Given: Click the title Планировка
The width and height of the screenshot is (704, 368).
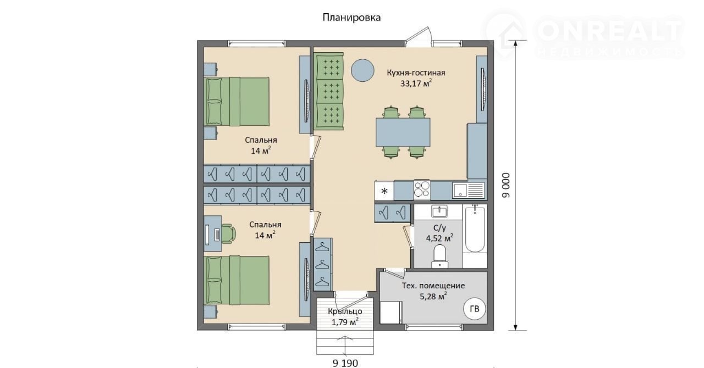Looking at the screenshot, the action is click(351, 18).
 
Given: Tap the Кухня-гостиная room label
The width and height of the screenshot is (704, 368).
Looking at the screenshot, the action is click(416, 73).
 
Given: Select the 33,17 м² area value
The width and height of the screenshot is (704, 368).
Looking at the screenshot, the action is click(416, 83).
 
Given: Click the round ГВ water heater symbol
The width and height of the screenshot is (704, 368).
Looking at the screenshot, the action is click(475, 309).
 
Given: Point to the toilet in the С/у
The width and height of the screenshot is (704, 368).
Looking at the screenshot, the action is click(439, 257).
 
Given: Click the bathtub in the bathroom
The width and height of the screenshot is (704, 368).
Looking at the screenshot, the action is click(475, 228).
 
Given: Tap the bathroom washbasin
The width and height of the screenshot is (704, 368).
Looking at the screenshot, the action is click(439, 211).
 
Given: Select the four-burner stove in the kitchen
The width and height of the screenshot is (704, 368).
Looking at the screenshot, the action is click(422, 189).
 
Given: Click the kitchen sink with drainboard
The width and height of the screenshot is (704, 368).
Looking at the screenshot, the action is click(468, 190).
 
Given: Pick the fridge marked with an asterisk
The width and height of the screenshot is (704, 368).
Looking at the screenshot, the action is click(384, 191).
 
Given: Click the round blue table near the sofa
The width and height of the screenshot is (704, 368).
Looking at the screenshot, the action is click(362, 71).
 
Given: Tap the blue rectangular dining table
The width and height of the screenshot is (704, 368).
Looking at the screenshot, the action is click(403, 132).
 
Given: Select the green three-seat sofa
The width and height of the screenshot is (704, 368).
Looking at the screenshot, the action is click(328, 91).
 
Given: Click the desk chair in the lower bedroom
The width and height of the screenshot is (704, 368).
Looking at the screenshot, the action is click(229, 233).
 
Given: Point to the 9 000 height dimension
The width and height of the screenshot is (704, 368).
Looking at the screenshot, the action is click(506, 185).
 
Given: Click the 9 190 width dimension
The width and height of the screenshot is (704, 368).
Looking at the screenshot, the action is click(345, 363).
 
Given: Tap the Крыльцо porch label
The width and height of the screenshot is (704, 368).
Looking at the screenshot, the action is click(345, 311).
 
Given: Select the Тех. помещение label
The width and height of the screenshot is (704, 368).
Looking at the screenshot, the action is click(433, 286).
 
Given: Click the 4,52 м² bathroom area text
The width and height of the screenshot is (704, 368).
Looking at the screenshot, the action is click(439, 238).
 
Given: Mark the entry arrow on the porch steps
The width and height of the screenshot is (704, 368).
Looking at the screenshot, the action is click(345, 347).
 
